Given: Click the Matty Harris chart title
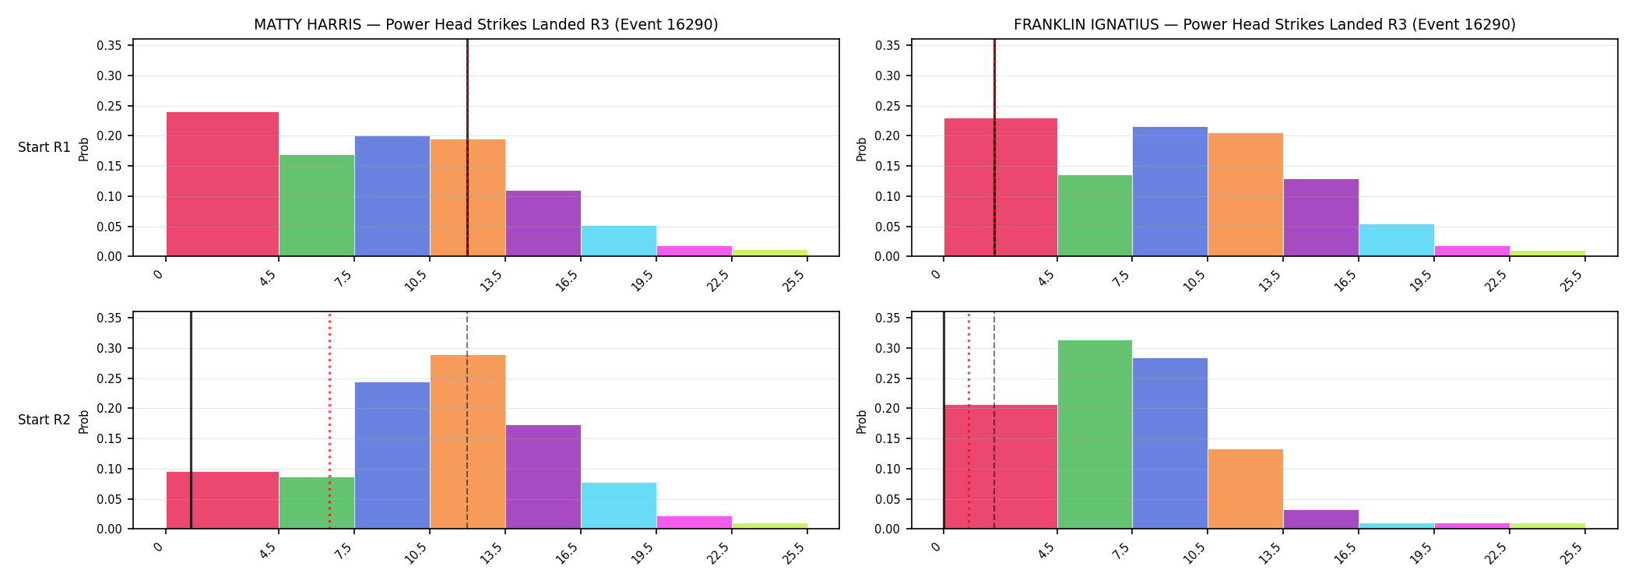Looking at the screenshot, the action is click(x=486, y=25).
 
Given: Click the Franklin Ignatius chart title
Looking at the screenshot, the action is click(x=1264, y=25).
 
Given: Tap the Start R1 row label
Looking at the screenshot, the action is click(x=44, y=147).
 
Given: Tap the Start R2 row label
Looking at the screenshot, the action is click(x=44, y=420).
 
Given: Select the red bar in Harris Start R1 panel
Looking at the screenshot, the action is click(x=223, y=184).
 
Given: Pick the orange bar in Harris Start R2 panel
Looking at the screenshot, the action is click(x=468, y=442).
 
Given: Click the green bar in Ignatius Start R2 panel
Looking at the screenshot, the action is click(x=1095, y=434).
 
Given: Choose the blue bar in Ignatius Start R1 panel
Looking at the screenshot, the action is click(x=1170, y=192).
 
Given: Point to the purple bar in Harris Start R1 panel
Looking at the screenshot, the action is click(x=543, y=223).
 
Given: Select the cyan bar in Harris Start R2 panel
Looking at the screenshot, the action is click(x=619, y=505).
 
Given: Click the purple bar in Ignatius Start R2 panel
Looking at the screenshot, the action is click(x=1321, y=519).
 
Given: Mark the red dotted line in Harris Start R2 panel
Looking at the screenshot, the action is click(x=329, y=420).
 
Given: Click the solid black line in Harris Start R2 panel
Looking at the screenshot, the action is click(x=191, y=420).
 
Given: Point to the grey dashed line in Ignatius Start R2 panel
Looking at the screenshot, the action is click(x=994, y=420).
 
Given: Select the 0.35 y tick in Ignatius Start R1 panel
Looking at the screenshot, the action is click(x=888, y=45).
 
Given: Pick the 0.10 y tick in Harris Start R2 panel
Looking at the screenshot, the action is click(x=109, y=469).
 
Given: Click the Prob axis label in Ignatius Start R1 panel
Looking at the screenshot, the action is click(x=861, y=149).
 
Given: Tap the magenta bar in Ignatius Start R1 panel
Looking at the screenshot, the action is click(x=1472, y=251).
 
